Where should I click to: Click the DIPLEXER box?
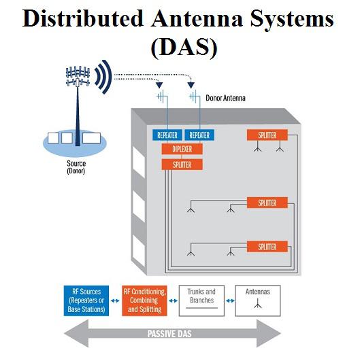pos(182,149)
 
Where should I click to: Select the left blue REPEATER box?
pos(167,135)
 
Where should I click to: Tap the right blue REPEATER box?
pos(199,135)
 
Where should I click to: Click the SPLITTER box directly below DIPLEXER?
pos(182,165)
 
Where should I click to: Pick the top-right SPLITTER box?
pos(267,135)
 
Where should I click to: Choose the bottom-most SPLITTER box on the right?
pos(267,247)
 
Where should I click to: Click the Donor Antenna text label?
pos(225,98)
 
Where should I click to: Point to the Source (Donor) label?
pos(76,167)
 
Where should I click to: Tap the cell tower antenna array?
pos(78,76)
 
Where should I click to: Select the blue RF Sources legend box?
pos(86,300)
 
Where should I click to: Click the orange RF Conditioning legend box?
pos(144,300)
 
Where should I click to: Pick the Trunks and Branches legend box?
pos(201,300)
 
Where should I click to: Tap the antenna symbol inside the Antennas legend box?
pos(258,305)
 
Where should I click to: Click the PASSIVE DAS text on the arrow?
pos(169,334)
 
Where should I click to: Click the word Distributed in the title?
pos(83,18)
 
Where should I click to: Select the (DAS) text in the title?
pos(184,47)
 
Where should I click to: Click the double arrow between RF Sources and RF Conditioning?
pos(115,300)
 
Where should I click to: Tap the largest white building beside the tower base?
pos(91,138)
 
